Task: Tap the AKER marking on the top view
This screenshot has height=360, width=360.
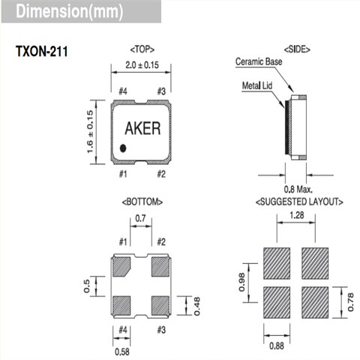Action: pos(141,128)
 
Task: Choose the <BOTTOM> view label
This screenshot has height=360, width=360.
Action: pos(141,202)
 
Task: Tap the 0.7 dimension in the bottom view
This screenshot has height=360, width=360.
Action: pos(140,218)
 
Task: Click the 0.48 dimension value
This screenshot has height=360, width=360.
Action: pos(197,304)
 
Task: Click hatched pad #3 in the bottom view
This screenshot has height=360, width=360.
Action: pos(160,304)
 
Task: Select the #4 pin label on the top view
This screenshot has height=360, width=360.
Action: pos(122,91)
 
